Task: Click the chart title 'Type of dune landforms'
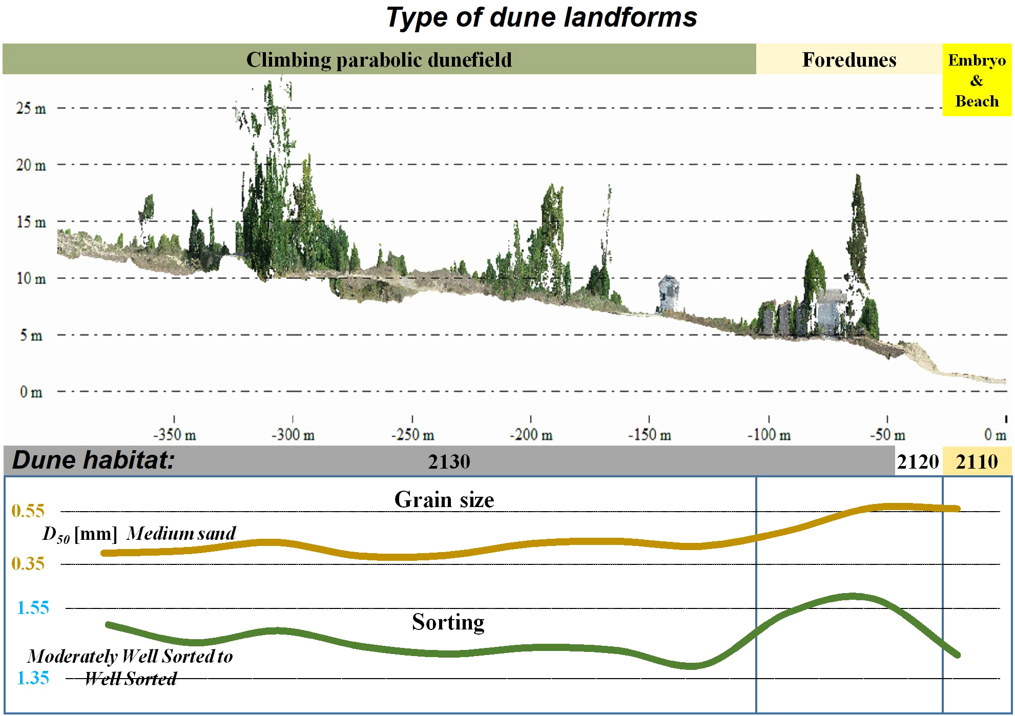[x=541, y=18]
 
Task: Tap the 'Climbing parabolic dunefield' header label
[x=379, y=60]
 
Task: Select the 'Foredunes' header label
[x=849, y=60]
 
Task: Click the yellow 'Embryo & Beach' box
[x=977, y=80]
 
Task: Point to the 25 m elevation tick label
[x=31, y=109]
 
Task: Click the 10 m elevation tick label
[x=31, y=279]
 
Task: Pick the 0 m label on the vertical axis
[x=31, y=392]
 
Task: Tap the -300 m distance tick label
[x=293, y=435]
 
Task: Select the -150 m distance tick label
[x=649, y=435]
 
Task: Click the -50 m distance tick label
[x=887, y=435]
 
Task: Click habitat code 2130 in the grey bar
[x=449, y=461]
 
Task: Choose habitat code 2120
[x=918, y=461]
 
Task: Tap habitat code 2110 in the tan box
[x=977, y=461]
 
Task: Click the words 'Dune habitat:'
[x=93, y=460]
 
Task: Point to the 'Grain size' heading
[x=444, y=499]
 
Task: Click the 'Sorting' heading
[x=448, y=622]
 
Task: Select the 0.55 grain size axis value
[x=28, y=511]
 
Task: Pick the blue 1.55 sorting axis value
[x=33, y=608]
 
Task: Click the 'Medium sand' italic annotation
[x=181, y=533]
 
